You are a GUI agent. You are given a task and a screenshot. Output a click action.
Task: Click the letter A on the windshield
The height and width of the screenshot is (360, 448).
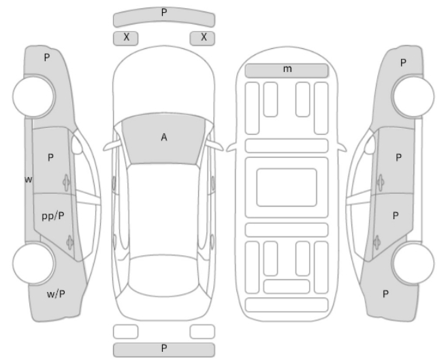pyautogui.click(x=163, y=137)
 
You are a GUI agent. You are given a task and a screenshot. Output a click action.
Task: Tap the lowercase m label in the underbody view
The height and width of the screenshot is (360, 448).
pyautogui.click(x=287, y=69)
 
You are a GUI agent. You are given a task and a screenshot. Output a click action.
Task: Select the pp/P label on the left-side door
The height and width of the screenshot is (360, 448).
pyautogui.click(x=53, y=216)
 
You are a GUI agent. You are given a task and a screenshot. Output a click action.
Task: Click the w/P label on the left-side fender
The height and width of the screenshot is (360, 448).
pyautogui.click(x=56, y=294)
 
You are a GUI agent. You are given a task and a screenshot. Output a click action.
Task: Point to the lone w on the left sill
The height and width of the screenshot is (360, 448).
pyautogui.click(x=29, y=180)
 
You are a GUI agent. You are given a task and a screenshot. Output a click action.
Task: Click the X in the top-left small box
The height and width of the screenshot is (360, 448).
pyautogui.click(x=126, y=37)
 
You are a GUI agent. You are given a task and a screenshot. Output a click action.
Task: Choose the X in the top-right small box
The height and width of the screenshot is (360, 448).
pyautogui.click(x=204, y=37)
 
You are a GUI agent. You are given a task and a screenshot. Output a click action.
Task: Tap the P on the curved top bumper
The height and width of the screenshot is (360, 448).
pyautogui.click(x=164, y=12)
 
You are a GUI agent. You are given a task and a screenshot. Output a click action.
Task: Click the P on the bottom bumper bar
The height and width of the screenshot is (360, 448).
pyautogui.click(x=164, y=348)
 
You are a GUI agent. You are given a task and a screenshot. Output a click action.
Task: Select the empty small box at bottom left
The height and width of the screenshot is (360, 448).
pyautogui.click(x=126, y=331)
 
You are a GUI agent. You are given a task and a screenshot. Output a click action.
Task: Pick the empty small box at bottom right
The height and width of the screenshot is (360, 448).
pyautogui.click(x=202, y=331)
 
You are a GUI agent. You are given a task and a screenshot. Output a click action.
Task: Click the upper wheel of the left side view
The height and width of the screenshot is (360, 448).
pyautogui.click(x=34, y=96)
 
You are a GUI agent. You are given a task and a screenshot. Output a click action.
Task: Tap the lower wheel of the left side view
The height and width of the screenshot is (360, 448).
pyautogui.click(x=34, y=263)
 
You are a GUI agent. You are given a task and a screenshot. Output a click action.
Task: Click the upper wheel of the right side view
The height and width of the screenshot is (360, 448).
pyautogui.click(x=413, y=96)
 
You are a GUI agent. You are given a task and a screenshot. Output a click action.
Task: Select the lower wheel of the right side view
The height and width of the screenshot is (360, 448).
pyautogui.click(x=413, y=263)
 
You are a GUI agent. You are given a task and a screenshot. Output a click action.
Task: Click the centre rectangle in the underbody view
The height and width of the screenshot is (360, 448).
pyautogui.click(x=287, y=187)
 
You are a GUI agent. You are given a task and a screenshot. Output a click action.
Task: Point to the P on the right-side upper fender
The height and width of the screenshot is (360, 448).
pyautogui.click(x=403, y=63)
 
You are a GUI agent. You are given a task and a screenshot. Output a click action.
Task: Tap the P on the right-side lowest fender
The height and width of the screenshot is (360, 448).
pyautogui.click(x=385, y=294)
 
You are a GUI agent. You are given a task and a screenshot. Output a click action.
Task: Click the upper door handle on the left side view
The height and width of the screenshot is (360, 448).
pyautogui.click(x=66, y=182)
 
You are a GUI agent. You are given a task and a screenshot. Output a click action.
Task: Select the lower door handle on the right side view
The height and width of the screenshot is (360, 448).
pyautogui.click(x=377, y=242)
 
